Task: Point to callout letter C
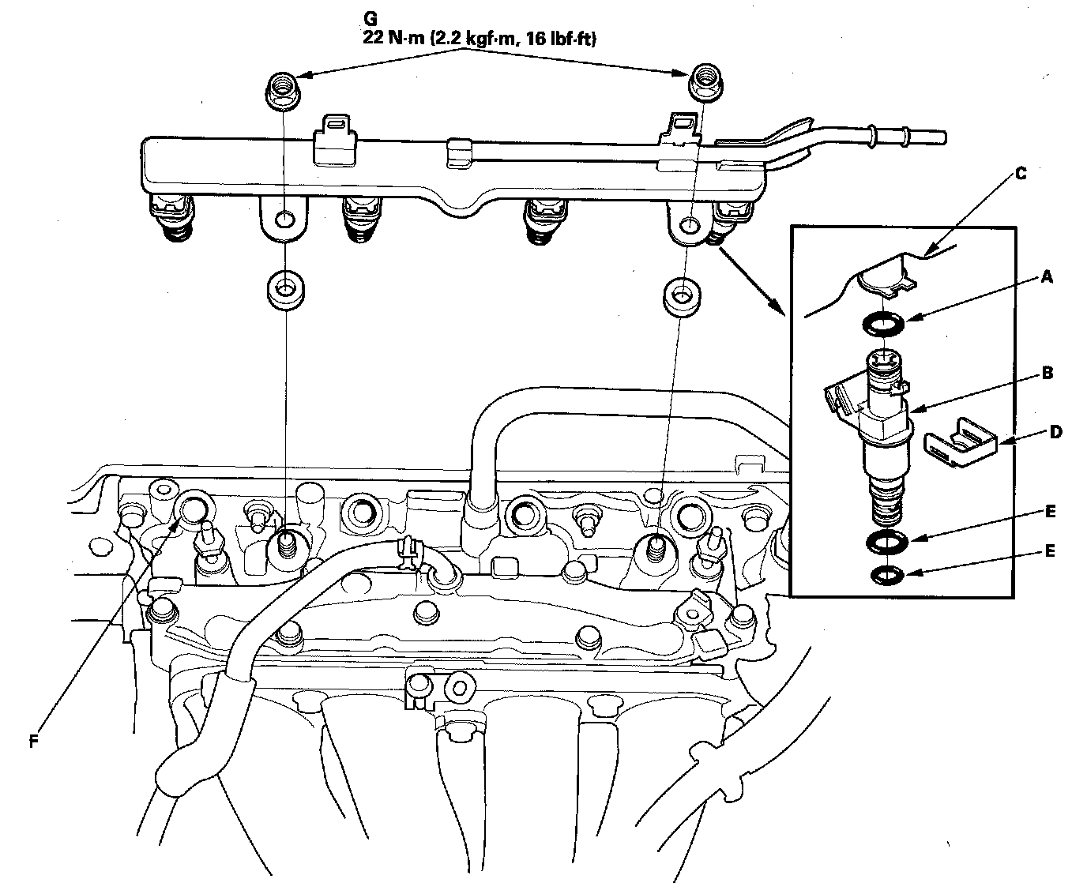[x=1021, y=175]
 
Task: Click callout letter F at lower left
[x=32, y=742]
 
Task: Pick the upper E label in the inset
[x=1050, y=512]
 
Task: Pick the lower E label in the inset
[x=1050, y=551]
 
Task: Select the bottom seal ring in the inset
[x=882, y=574]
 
